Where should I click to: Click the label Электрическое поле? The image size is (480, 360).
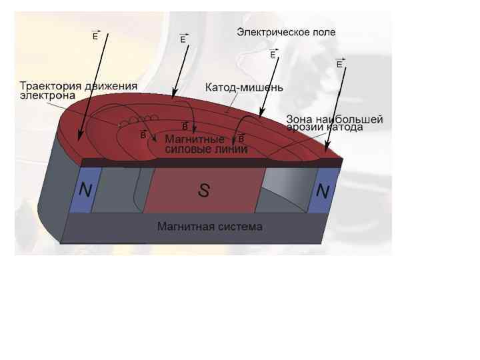[286, 31]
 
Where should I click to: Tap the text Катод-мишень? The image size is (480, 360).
[244, 87]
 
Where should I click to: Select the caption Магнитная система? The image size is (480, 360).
[209, 227]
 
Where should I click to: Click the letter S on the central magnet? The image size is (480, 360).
[204, 191]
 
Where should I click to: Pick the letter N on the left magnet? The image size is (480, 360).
[85, 191]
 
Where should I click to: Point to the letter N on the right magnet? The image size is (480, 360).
[323, 192]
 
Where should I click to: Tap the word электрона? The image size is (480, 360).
[47, 95]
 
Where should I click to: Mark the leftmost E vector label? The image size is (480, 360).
[95, 36]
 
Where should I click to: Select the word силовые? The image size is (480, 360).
[183, 149]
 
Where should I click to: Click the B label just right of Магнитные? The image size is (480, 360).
[241, 138]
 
